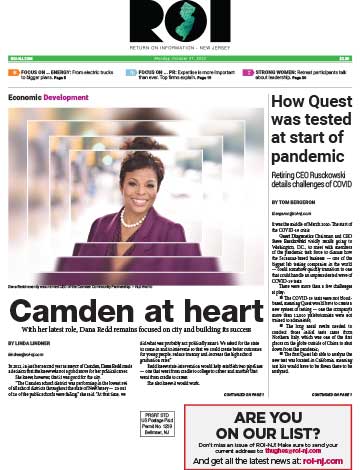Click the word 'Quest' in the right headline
coord(321,102)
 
